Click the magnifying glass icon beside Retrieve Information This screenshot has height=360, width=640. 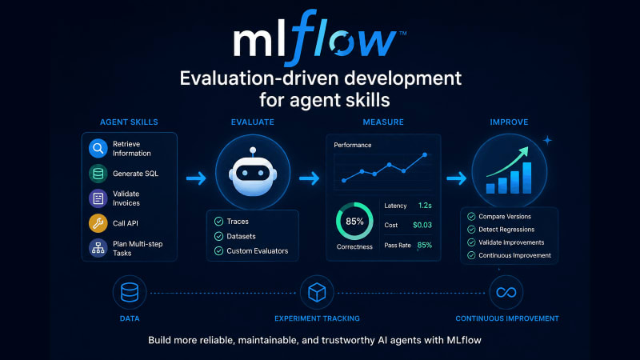(98, 148)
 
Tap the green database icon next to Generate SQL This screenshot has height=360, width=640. (98, 174)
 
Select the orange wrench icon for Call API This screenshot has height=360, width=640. (98, 223)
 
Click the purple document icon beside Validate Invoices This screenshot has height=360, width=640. (98, 198)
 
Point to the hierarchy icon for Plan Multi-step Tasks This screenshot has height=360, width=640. (98, 248)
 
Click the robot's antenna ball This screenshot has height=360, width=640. (253, 150)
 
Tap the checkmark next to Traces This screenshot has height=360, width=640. (218, 222)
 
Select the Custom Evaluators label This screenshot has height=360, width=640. (257, 251)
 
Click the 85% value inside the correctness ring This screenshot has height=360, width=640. (354, 222)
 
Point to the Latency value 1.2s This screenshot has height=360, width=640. (425, 206)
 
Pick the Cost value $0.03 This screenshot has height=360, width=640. (422, 225)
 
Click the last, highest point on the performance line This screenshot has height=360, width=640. (425, 154)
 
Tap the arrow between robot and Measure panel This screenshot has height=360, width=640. (309, 178)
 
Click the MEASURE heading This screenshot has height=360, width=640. (383, 122)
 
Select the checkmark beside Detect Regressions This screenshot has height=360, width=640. (471, 230)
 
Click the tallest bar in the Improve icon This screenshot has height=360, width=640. (527, 178)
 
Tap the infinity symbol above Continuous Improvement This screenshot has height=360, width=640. (506, 292)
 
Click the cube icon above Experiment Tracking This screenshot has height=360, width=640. (317, 292)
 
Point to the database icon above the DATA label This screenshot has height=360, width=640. (130, 292)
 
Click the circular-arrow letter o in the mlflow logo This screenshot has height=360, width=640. (342, 42)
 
